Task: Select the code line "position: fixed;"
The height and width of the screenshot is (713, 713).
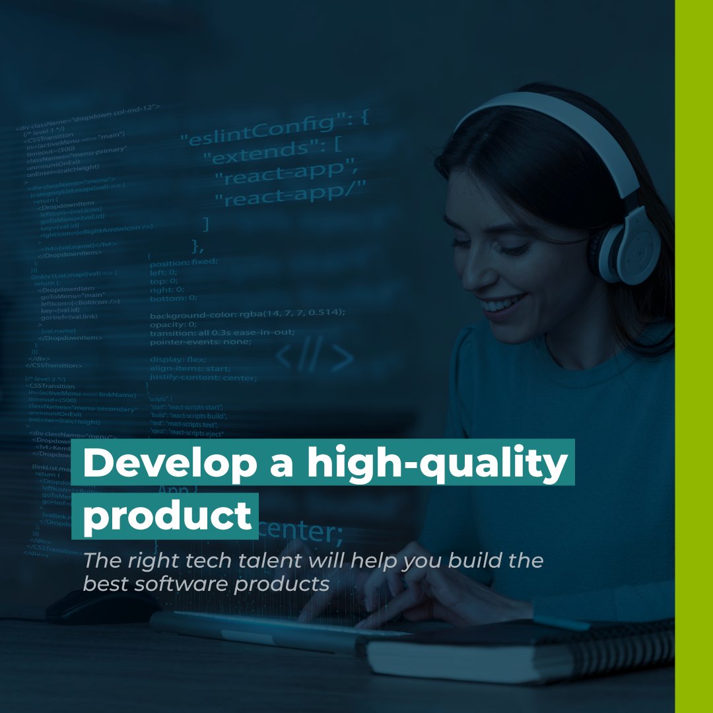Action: point(183,261)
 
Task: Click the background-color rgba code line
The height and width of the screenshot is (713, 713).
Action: point(248,312)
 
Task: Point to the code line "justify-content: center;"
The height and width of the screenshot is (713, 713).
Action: point(203,378)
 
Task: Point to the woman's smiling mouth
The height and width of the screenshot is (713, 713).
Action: point(503,305)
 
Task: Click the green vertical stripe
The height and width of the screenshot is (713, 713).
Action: point(694,356)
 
